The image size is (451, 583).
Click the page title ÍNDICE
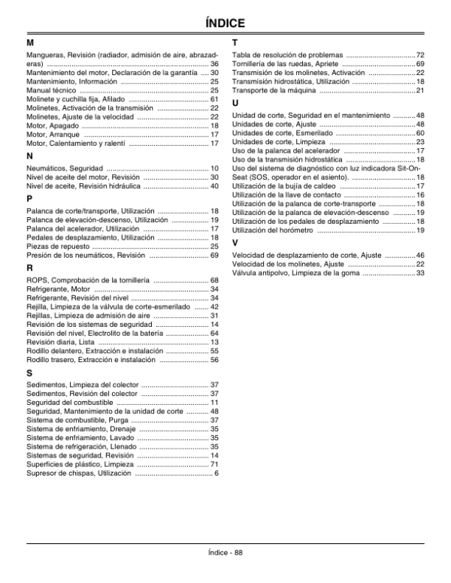(x=225, y=25)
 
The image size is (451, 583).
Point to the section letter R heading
(x=29, y=267)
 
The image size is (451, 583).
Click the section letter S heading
(x=29, y=373)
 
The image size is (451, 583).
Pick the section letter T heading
(x=235, y=43)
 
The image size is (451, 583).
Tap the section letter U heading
(x=236, y=102)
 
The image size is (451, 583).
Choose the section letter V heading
(x=235, y=243)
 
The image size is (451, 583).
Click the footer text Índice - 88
(x=225, y=553)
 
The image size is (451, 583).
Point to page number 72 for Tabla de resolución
(x=420, y=56)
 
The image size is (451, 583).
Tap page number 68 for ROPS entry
(x=214, y=280)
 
